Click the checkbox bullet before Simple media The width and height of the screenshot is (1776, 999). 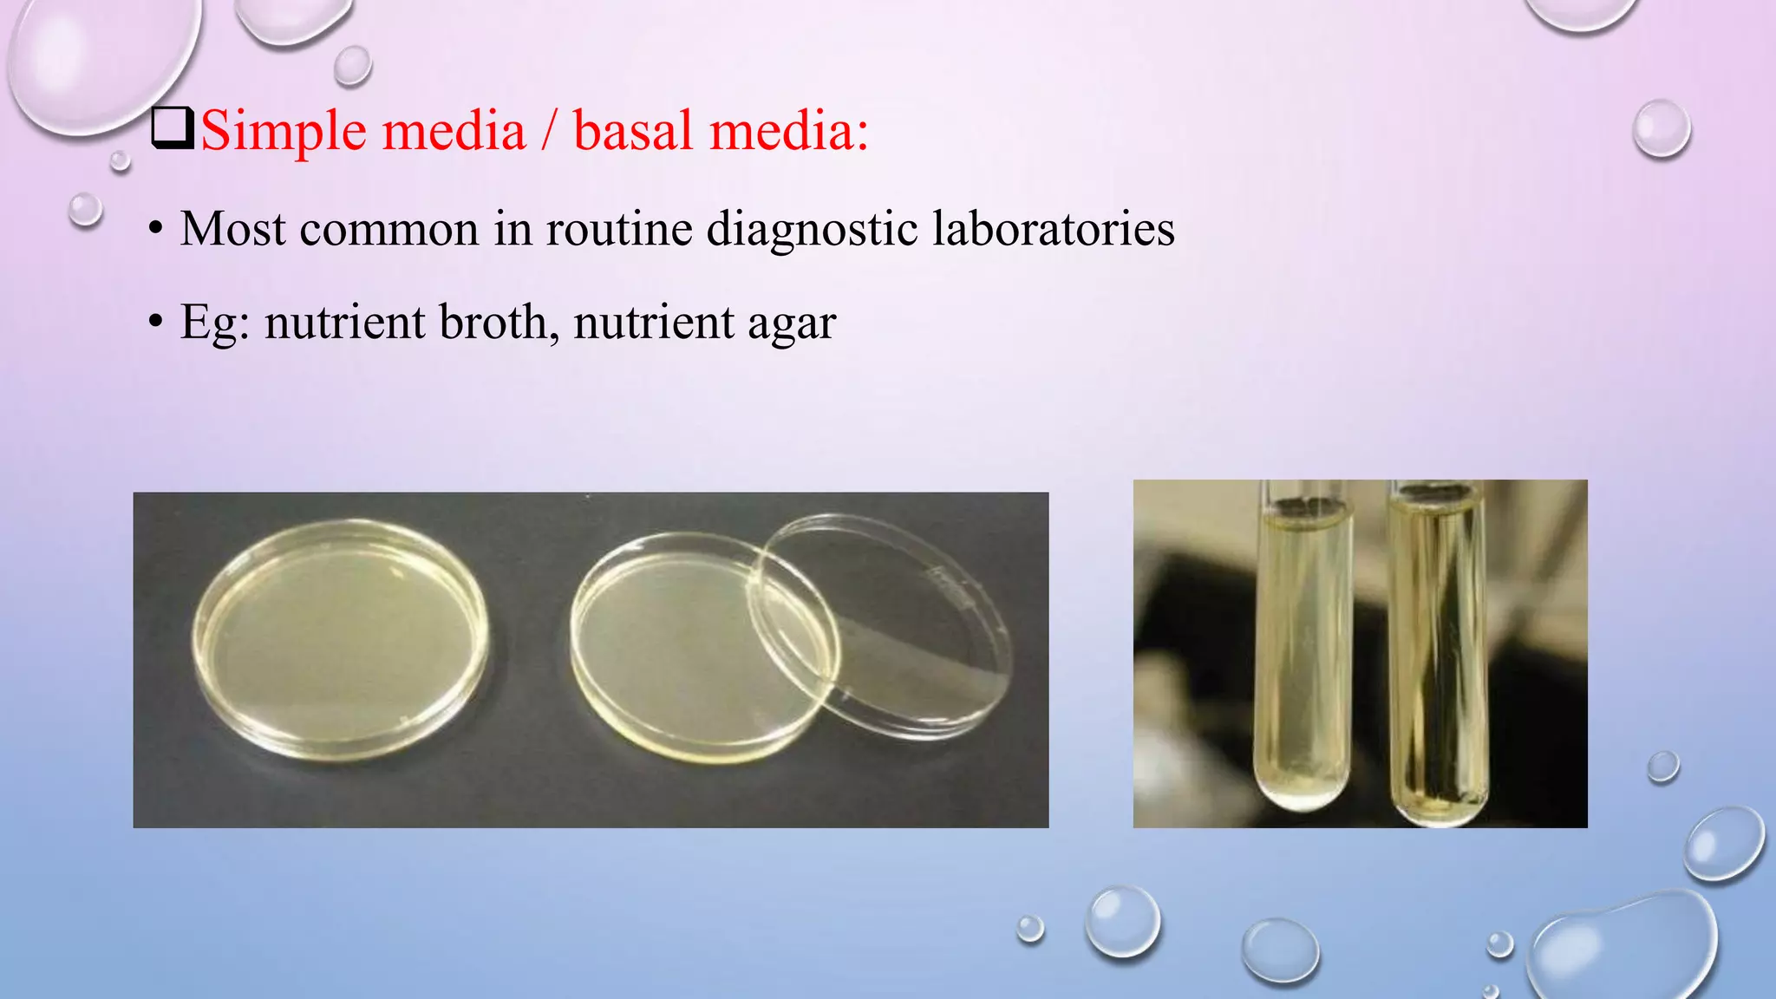click(172, 128)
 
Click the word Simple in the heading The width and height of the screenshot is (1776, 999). click(283, 132)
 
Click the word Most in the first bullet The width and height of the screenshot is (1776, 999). click(232, 229)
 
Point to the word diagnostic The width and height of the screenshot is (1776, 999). click(812, 229)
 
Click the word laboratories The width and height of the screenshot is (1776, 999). click(1053, 229)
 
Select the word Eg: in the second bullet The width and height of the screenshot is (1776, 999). click(214, 323)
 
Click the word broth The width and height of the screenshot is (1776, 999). click(493, 322)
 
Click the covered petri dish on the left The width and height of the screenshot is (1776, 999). click(340, 640)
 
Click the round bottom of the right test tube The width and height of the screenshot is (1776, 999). click(1439, 806)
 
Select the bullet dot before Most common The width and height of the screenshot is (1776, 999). click(155, 230)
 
